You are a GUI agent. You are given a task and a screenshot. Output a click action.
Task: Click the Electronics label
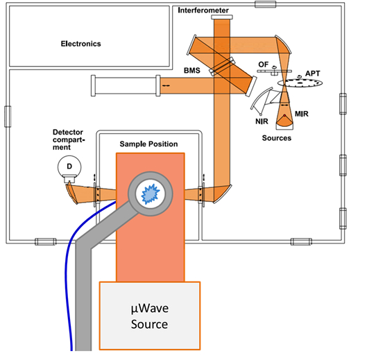click(80, 44)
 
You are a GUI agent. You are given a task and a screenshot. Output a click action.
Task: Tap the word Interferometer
click(203, 10)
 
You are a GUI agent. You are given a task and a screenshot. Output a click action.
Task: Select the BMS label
click(192, 70)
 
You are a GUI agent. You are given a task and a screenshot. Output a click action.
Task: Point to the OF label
click(264, 65)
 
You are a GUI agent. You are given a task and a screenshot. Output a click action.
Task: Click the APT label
click(312, 74)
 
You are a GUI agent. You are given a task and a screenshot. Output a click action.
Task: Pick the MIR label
click(302, 114)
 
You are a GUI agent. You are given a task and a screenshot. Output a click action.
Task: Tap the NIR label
click(262, 121)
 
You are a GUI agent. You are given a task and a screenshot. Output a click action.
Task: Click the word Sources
click(277, 138)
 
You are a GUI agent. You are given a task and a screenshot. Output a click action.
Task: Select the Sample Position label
click(148, 144)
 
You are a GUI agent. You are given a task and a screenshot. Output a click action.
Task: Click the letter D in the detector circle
click(69, 166)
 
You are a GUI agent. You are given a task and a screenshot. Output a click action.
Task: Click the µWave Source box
click(150, 316)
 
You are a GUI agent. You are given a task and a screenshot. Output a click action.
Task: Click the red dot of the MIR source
click(284, 115)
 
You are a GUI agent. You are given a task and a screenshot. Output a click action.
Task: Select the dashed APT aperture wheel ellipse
click(300, 83)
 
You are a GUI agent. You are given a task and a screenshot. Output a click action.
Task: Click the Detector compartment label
click(69, 139)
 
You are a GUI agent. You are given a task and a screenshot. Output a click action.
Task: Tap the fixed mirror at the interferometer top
click(222, 17)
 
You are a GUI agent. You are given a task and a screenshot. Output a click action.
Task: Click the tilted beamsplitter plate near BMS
click(222, 67)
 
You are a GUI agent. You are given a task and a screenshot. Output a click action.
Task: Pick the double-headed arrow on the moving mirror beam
click(166, 86)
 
